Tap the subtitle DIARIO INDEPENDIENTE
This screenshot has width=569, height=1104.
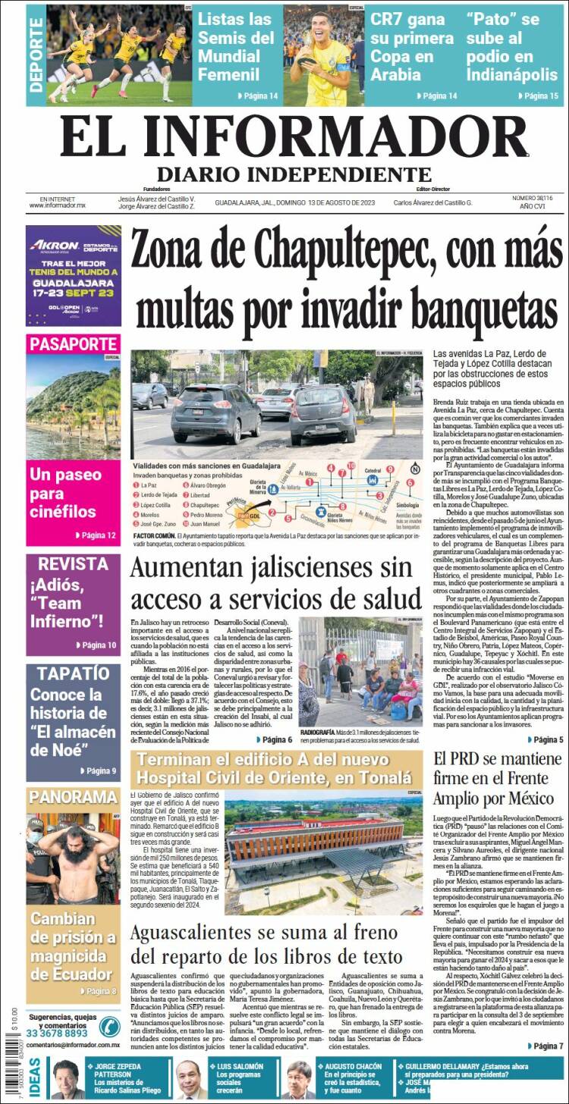pos(294,174)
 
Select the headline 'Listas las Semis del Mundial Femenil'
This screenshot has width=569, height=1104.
pos(236,46)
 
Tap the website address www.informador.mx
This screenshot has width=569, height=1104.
pos(57,205)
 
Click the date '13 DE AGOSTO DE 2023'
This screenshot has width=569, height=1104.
pos(341,202)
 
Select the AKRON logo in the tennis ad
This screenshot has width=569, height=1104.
pos(55,245)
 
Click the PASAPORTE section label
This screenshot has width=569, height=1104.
pos(73,344)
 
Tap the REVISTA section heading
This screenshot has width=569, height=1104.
pos(73,564)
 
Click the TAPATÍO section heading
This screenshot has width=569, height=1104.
pos(73,673)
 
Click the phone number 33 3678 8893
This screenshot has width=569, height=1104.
pos(56,1033)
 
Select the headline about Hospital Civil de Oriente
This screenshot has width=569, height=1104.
pos(276,769)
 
